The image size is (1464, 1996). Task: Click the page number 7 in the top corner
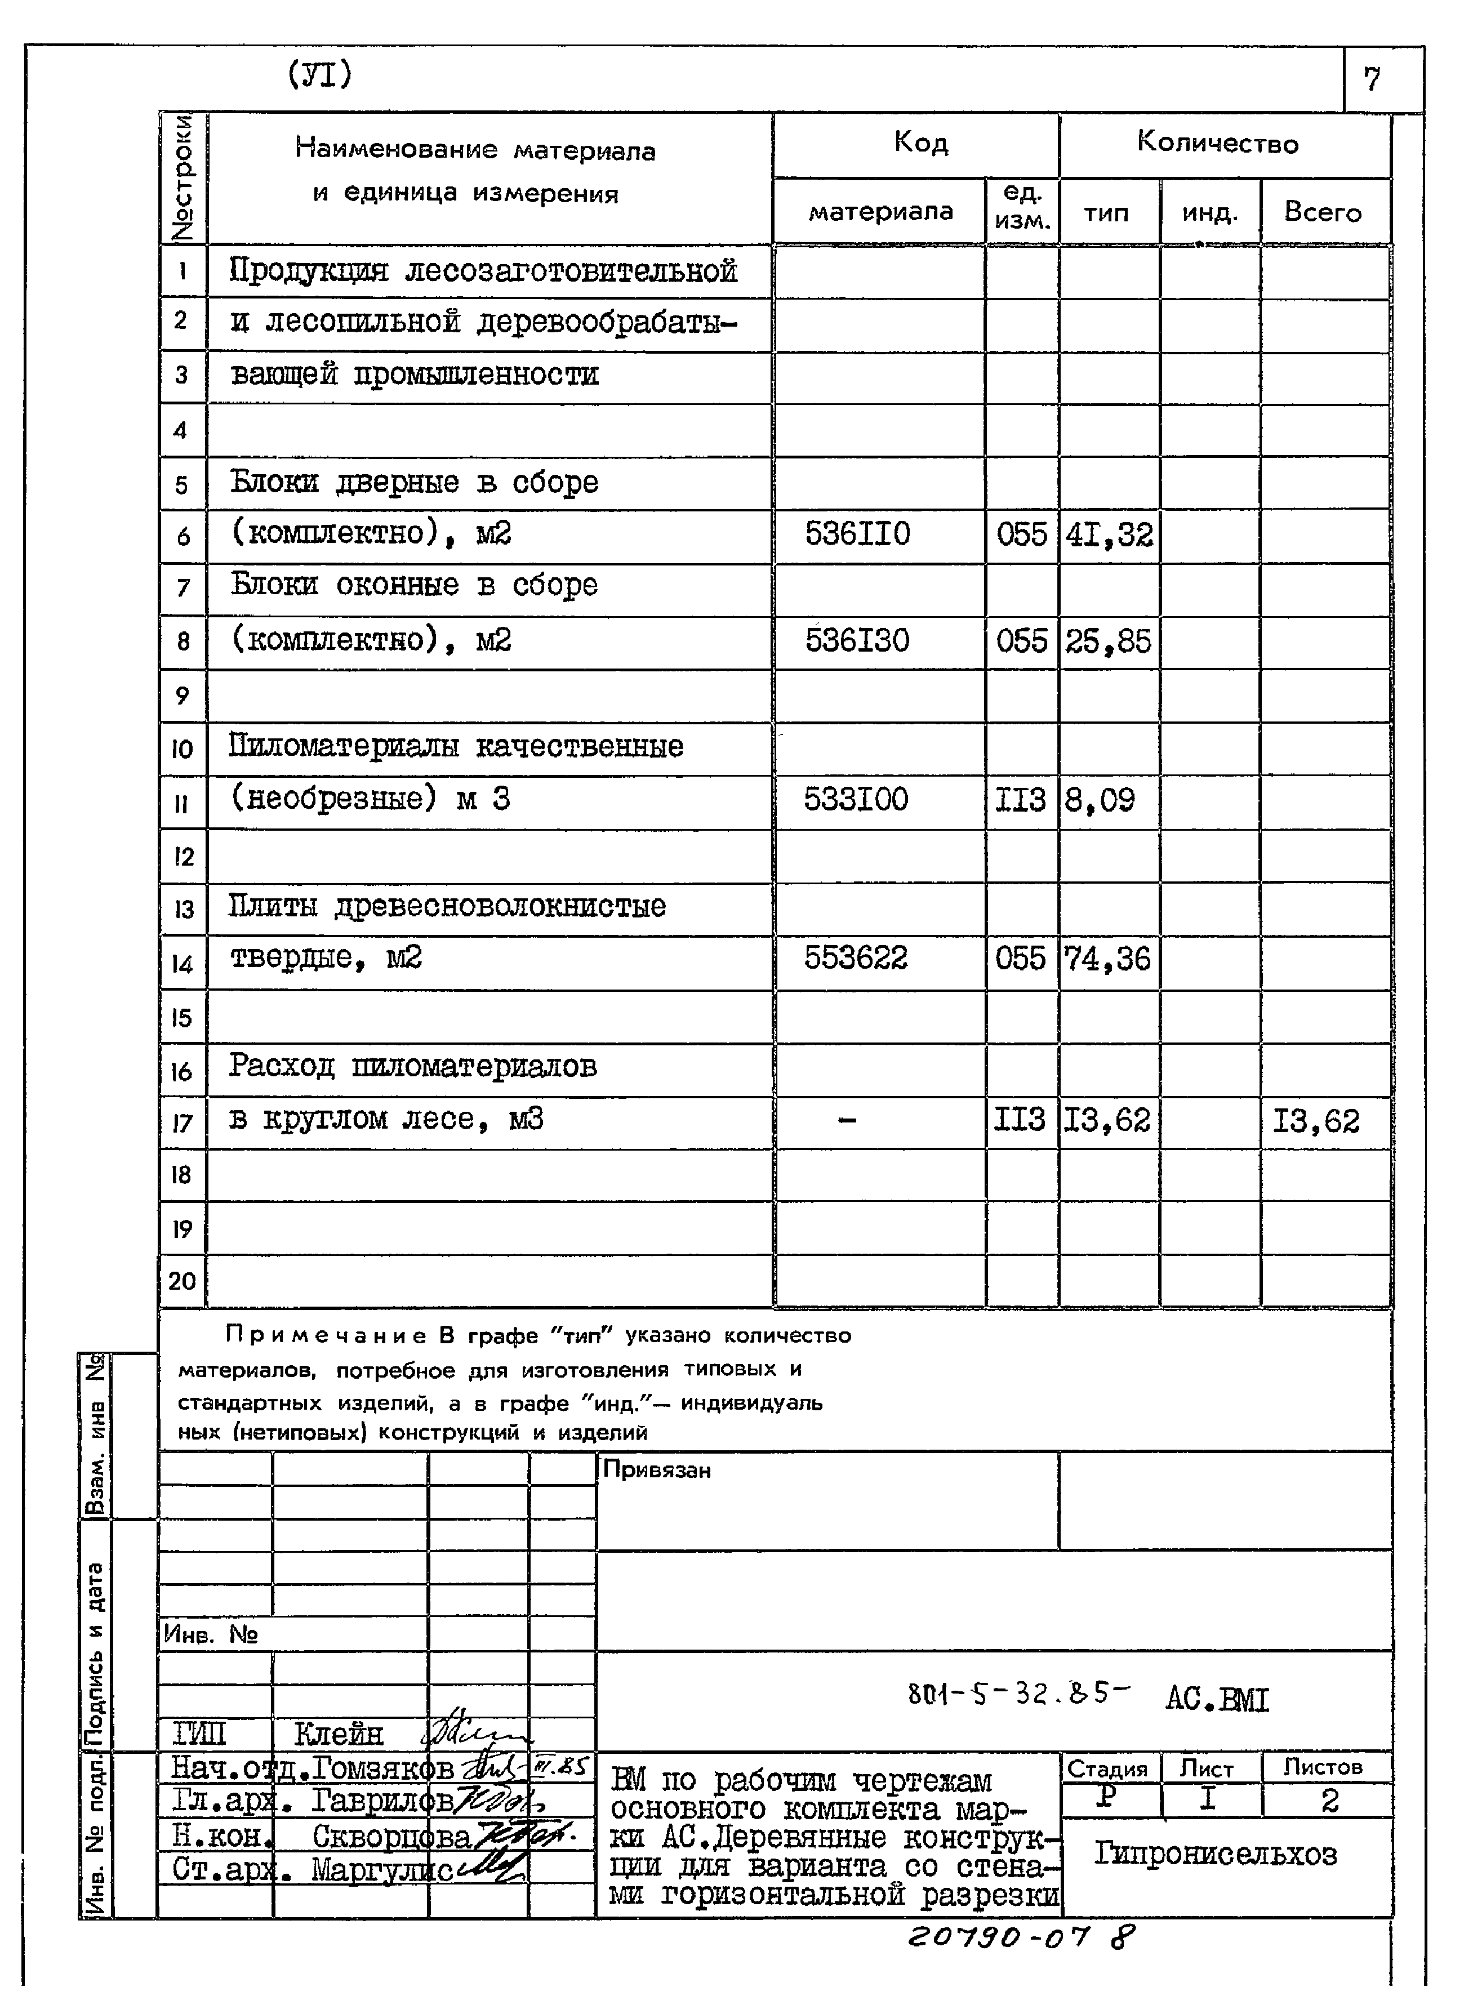(x=1372, y=80)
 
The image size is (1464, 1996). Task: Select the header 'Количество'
(x=1218, y=144)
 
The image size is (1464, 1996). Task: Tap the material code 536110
(x=857, y=534)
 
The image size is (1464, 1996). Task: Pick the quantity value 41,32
(x=1109, y=535)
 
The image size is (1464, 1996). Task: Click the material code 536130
(x=857, y=640)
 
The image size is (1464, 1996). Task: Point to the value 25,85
(x=1108, y=641)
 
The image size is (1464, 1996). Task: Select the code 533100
(x=856, y=800)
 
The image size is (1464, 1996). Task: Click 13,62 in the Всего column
(x=1315, y=1121)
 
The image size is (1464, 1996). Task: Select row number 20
(x=182, y=1281)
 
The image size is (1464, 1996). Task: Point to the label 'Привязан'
(x=657, y=1471)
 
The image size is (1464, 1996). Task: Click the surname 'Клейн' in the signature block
(x=339, y=1733)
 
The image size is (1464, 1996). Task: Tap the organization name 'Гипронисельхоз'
(x=1215, y=1854)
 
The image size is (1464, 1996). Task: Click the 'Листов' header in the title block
(x=1323, y=1767)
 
